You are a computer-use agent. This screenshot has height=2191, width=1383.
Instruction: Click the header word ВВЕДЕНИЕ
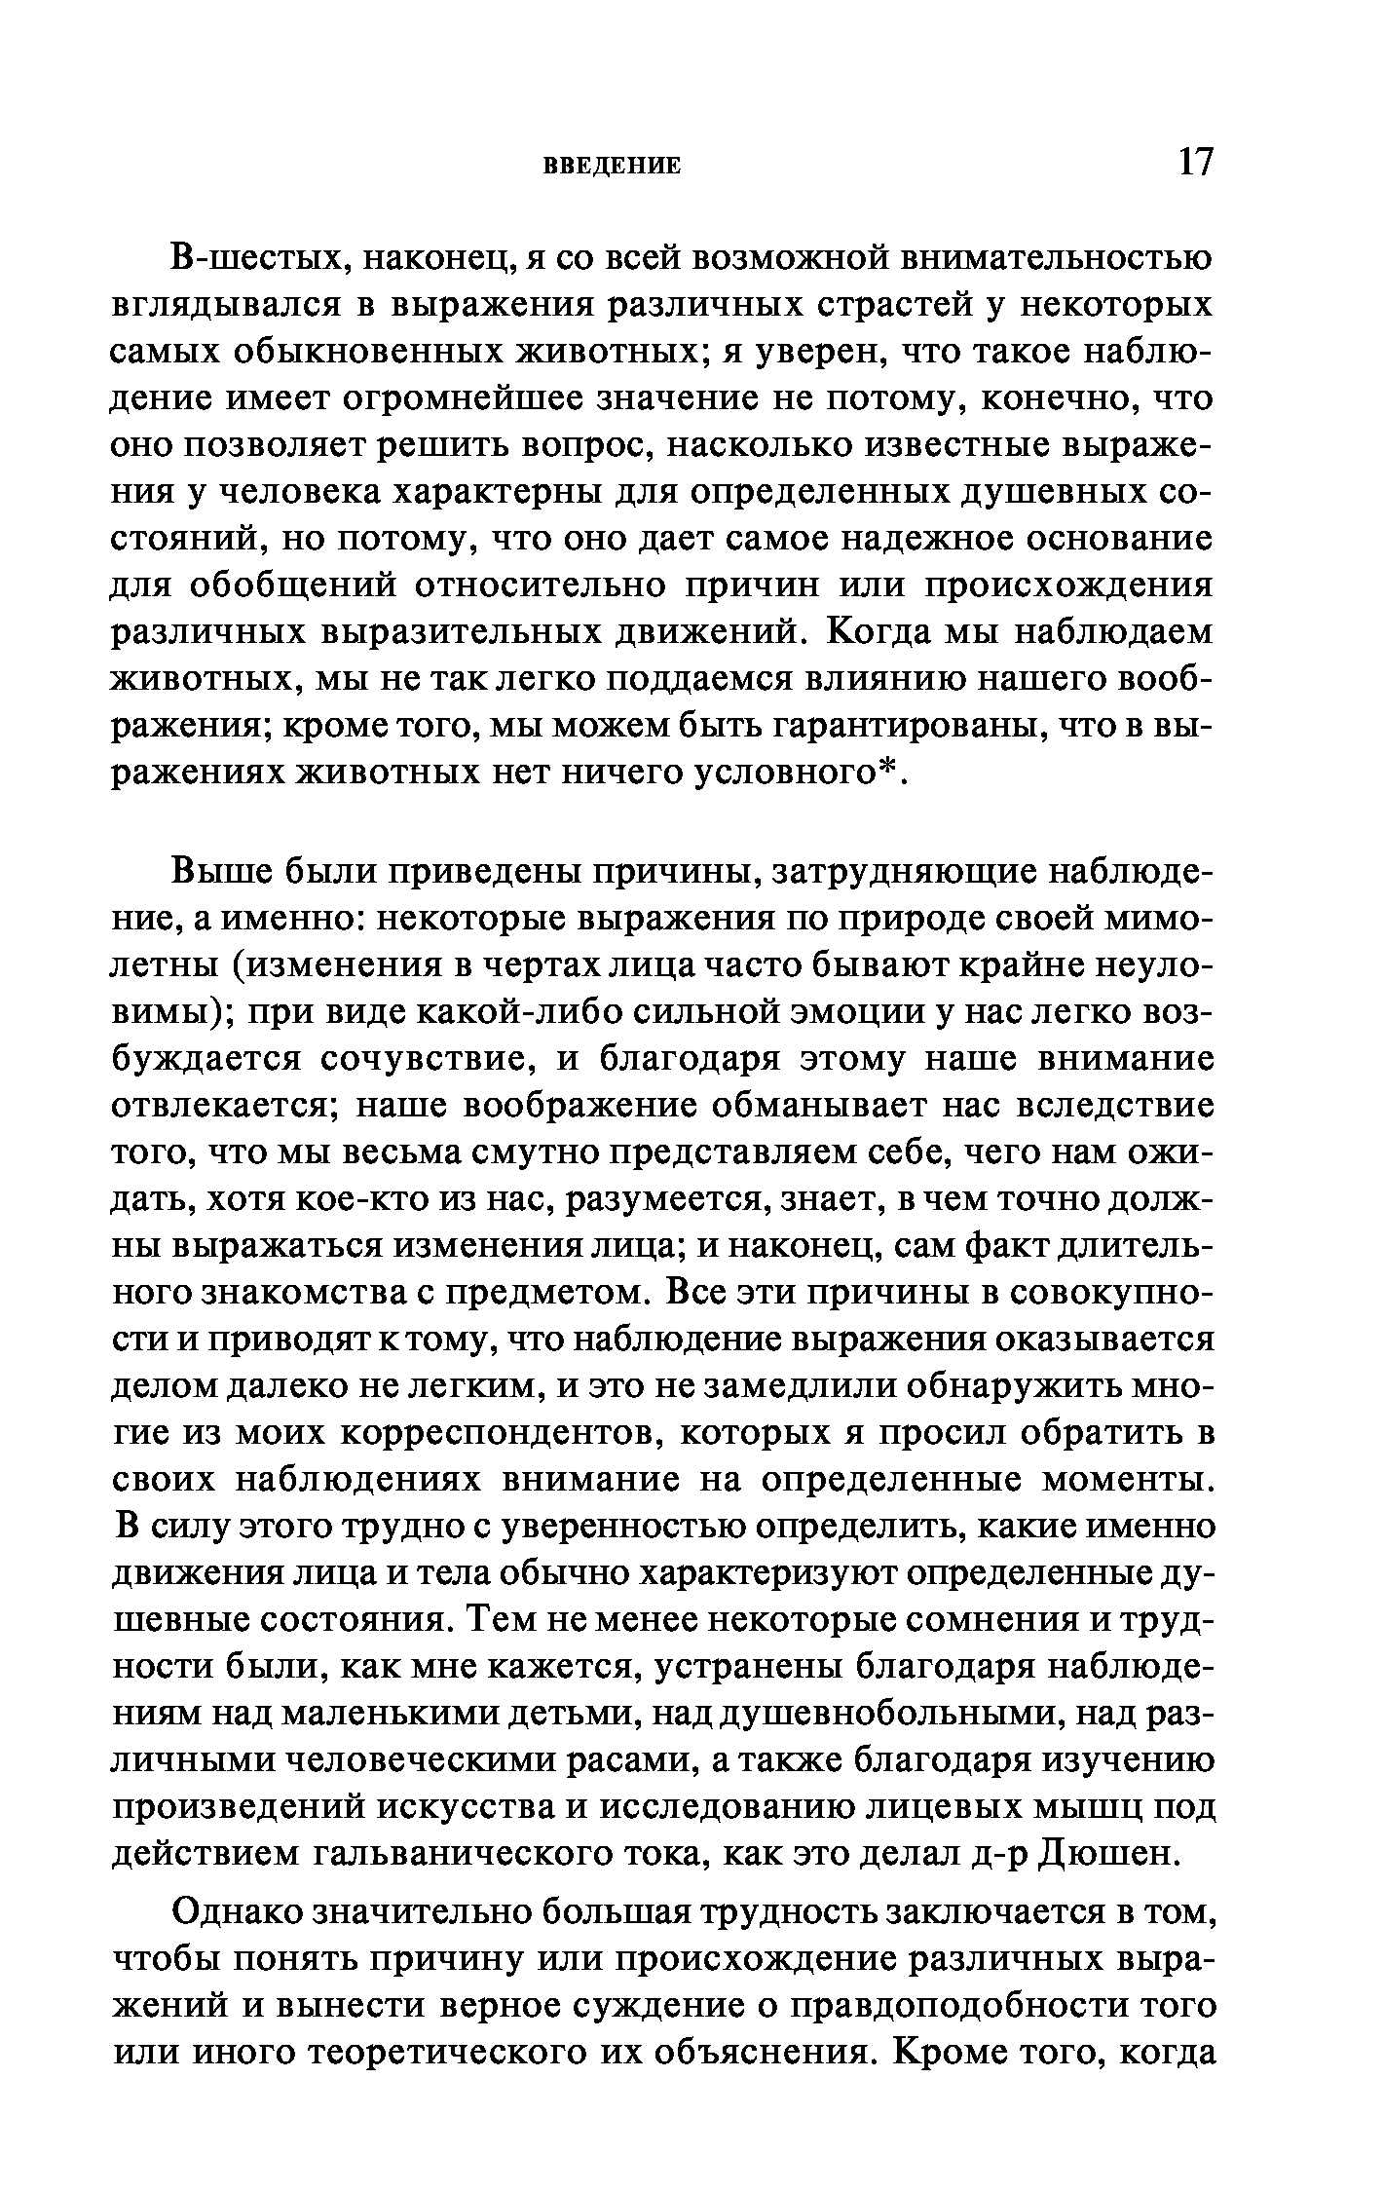[x=610, y=167]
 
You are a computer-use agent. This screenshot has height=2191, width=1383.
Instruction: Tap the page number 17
[x=1196, y=162]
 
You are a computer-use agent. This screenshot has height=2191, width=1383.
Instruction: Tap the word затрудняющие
[x=901, y=873]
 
